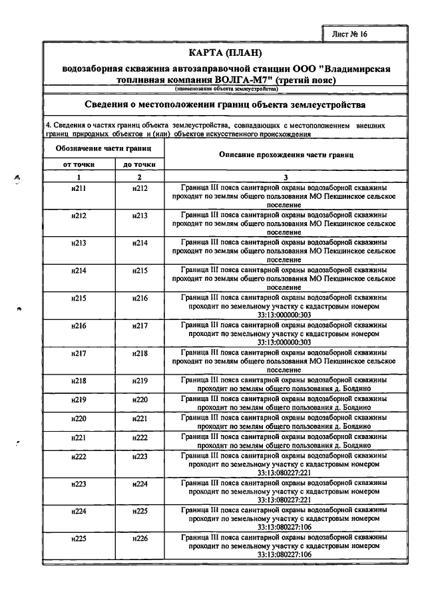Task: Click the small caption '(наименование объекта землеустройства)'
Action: pyautogui.click(x=226, y=88)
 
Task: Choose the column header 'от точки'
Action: pyautogui.click(x=79, y=164)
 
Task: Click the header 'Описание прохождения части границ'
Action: pyautogui.click(x=286, y=154)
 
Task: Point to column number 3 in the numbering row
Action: pyautogui.click(x=286, y=177)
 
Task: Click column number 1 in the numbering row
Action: pyautogui.click(x=79, y=177)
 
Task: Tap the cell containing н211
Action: pyautogui.click(x=79, y=188)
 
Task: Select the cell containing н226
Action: pyautogui.click(x=139, y=539)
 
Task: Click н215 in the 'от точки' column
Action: pyautogui.click(x=79, y=299)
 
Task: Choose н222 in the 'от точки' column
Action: pyautogui.click(x=79, y=457)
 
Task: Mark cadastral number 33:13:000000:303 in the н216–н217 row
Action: pyautogui.click(x=286, y=342)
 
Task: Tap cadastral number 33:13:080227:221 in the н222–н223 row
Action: pyautogui.click(x=286, y=473)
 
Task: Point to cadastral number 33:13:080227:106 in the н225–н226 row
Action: pyautogui.click(x=286, y=554)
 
